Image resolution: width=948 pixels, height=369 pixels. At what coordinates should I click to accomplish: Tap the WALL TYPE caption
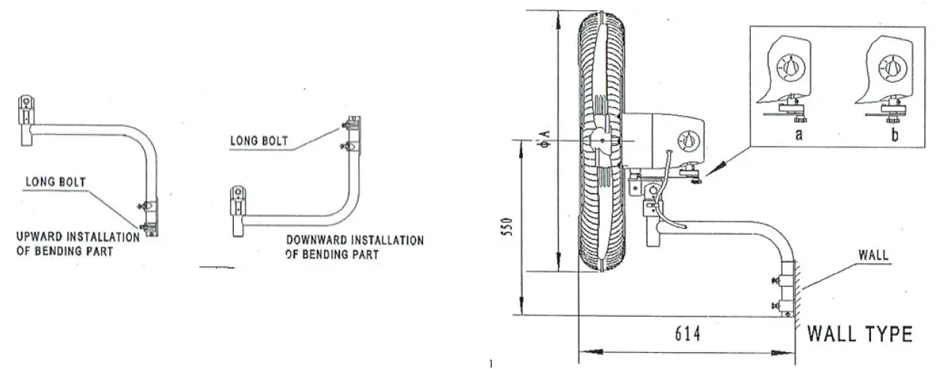tap(859, 335)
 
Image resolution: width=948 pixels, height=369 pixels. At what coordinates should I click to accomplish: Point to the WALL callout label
tap(872, 256)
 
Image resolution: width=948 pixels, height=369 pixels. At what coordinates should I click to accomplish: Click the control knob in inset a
tap(790, 69)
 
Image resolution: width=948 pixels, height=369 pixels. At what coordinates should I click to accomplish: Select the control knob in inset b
tap(892, 69)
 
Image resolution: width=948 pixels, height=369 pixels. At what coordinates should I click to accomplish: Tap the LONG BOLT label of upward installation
tap(54, 181)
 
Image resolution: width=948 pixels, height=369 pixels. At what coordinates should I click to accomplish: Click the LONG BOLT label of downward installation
tap(259, 140)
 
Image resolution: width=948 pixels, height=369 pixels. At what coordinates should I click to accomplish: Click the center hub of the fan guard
tap(601, 139)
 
